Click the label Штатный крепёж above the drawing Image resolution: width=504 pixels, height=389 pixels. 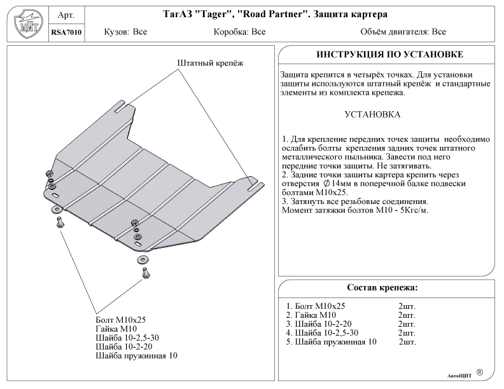(x=210, y=63)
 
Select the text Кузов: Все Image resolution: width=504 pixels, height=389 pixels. (x=125, y=31)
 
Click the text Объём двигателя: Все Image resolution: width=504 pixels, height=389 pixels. (x=403, y=31)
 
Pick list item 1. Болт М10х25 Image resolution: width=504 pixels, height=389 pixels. (x=316, y=306)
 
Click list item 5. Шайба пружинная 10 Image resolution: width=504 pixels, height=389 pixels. (x=332, y=341)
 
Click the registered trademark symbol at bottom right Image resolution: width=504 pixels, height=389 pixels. (x=479, y=372)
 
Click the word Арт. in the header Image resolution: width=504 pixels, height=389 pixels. (x=66, y=15)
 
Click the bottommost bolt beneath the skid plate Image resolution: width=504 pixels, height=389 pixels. (x=145, y=273)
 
